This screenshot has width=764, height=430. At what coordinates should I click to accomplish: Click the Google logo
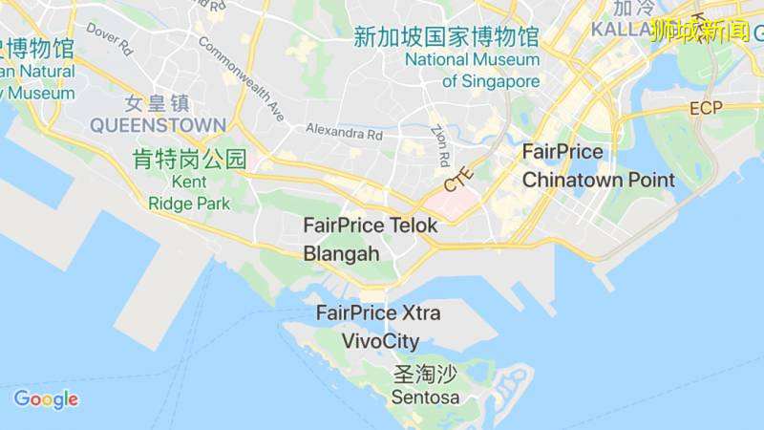tap(46, 399)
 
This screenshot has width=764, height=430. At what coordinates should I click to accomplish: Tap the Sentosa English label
tap(425, 397)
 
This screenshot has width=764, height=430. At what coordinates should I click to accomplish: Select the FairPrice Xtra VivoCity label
tap(380, 326)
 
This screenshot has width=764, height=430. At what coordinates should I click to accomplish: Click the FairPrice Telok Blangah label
tap(371, 239)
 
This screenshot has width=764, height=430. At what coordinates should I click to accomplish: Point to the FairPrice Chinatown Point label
tap(598, 165)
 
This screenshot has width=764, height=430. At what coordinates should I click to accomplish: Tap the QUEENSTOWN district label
tap(158, 125)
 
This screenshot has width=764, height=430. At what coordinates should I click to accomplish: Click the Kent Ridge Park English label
tap(189, 192)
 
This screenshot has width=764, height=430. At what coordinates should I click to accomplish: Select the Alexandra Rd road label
tap(344, 133)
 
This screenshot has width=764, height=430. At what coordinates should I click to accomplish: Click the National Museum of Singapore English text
tap(473, 70)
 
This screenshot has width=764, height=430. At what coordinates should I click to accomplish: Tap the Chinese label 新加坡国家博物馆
tap(446, 37)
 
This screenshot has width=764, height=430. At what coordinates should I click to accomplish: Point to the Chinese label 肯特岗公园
tap(189, 159)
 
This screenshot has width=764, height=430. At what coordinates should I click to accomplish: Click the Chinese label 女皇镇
tap(158, 103)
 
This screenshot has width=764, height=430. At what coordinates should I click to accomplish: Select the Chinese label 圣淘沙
tap(425, 375)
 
